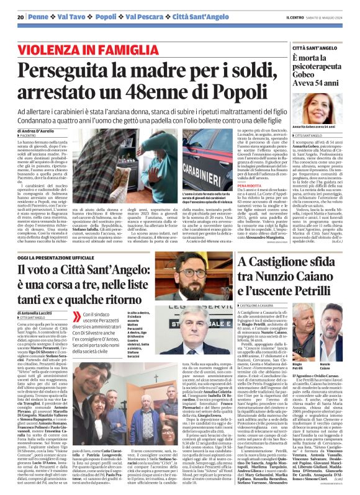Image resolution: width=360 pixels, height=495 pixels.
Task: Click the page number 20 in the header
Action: pos(20,17)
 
